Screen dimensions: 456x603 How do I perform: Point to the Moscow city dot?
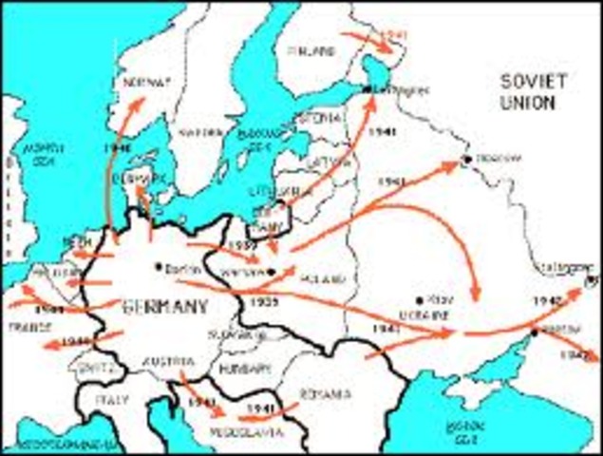coord(466,159)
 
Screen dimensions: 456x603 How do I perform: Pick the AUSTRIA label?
coord(170,361)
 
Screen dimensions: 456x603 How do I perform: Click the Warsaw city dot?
coord(273,272)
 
